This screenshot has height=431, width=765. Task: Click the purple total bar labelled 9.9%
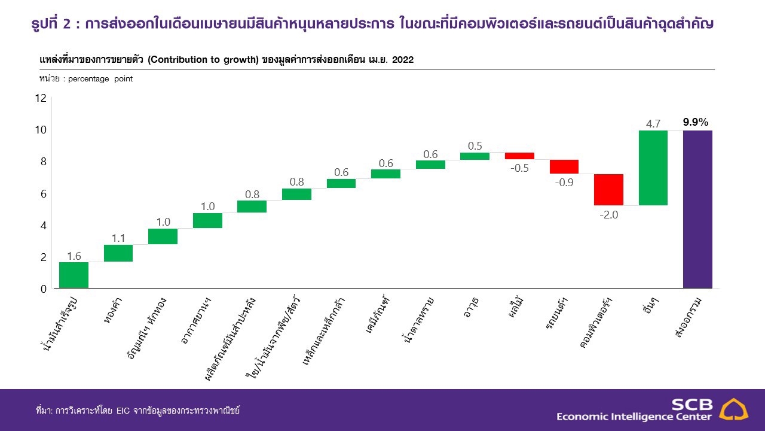(x=697, y=210)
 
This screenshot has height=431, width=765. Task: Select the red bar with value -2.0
(x=608, y=189)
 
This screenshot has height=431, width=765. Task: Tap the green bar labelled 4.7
(x=653, y=168)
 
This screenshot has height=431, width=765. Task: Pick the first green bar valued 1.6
(x=74, y=275)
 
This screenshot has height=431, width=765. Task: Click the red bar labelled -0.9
(x=564, y=166)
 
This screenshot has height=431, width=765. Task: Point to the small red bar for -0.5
(x=519, y=156)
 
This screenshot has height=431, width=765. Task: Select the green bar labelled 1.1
(x=118, y=253)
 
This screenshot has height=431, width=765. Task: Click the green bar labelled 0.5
(x=475, y=156)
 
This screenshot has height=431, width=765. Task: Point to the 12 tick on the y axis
(x=40, y=98)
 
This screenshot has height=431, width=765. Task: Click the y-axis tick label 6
(x=42, y=194)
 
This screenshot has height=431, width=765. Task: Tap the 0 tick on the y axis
(x=42, y=289)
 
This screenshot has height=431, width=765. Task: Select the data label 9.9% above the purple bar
(x=696, y=123)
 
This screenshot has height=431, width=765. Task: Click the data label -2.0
(x=608, y=215)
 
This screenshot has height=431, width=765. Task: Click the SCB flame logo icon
(x=733, y=409)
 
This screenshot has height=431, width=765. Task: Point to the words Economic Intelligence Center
(x=634, y=417)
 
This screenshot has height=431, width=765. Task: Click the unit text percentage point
(x=100, y=79)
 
